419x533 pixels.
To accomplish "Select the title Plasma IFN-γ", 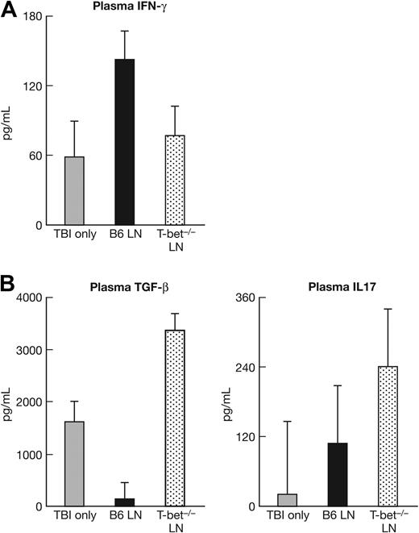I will tap(124, 9).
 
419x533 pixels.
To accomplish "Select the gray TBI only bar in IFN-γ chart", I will tap(74, 190).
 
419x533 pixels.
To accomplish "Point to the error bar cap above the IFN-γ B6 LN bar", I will tap(125, 31).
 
